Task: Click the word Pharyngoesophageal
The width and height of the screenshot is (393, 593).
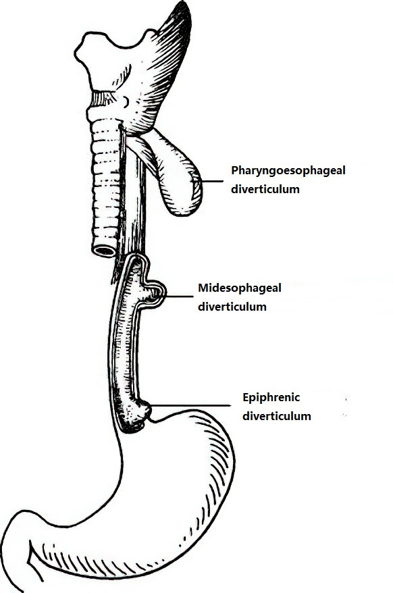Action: pos(288,171)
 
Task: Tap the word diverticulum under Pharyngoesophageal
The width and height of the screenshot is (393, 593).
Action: pos(265,189)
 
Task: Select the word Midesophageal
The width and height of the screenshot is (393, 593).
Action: pos(240,288)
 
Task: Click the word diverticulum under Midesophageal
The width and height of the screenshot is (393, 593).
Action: pos(232,307)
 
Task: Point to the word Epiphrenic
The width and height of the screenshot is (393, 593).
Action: pos(271,398)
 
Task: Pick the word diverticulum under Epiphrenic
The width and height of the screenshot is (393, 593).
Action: pos(277,417)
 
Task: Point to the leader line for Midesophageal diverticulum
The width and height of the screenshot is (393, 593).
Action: pos(180,297)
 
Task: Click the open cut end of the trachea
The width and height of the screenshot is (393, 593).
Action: pos(105,251)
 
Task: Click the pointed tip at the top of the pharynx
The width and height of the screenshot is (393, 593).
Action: pos(185,5)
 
